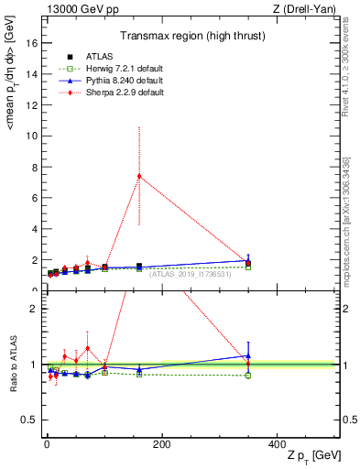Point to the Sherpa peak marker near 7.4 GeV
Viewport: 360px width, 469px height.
pos(139,176)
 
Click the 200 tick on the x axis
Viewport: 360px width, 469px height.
pos(161,444)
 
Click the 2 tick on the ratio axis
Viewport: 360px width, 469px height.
pos(33,309)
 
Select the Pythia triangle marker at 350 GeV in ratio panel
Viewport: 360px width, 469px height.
pos(248,356)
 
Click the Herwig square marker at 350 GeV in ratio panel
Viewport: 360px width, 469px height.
pos(248,376)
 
